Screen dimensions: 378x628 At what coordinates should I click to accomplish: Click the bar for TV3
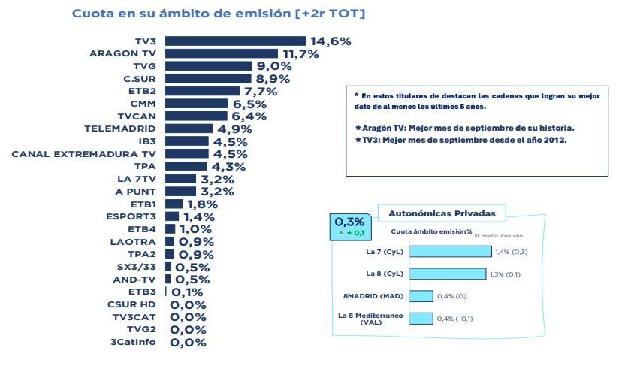tap(235, 41)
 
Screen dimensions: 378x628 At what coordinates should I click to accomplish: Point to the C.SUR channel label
tap(140, 78)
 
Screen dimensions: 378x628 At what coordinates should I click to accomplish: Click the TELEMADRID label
tap(122, 129)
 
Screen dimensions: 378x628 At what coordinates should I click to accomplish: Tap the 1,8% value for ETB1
tap(202, 204)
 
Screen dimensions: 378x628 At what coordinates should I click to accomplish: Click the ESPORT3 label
tap(131, 216)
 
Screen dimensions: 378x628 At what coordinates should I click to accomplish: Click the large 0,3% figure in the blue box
tap(349, 222)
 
